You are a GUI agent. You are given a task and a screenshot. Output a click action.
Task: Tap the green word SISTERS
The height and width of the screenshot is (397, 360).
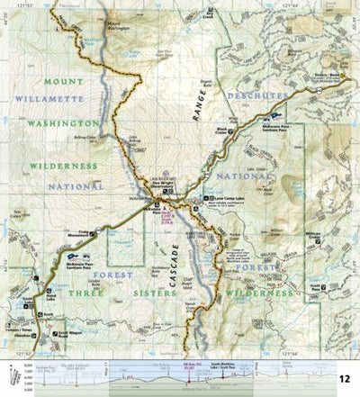tap(143, 275)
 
